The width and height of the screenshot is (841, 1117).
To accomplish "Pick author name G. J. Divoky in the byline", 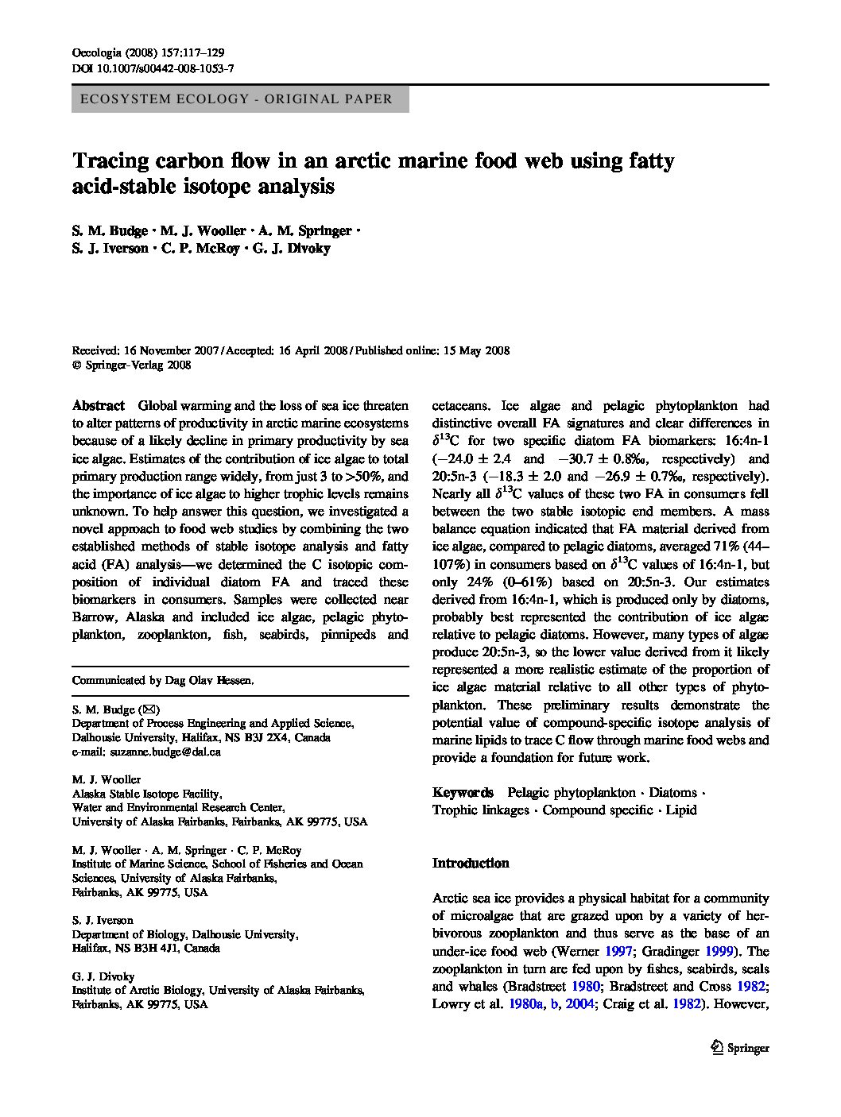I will pos(292,249).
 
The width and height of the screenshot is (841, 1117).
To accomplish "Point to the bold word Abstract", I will pos(99,405).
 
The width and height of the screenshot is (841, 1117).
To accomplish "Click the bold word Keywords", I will pos(463,793).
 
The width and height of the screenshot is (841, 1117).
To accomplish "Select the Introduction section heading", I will pos(471,864).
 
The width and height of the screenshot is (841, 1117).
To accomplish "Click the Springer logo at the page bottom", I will pos(739,1048).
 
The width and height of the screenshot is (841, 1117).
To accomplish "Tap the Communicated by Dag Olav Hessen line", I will pos(163,681).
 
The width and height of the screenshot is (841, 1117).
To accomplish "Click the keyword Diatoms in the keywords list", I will pos(672,793).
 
